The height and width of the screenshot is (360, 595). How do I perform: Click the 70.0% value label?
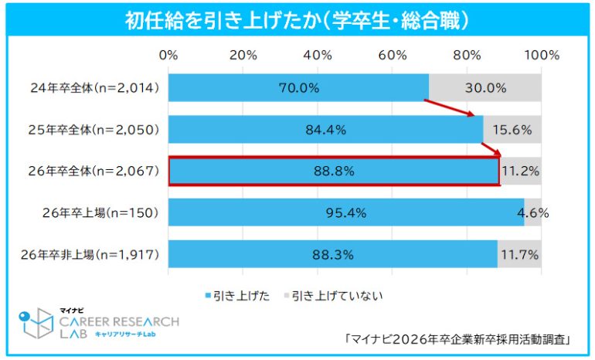pyautogui.click(x=299, y=88)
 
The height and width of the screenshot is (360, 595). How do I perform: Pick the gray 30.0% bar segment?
pyautogui.click(x=485, y=88)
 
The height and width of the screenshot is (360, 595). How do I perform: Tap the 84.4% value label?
pyautogui.click(x=325, y=130)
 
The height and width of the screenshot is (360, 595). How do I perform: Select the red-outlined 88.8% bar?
pyautogui.click(x=334, y=172)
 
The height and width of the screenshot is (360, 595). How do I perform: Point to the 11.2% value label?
pyautogui.click(x=521, y=172)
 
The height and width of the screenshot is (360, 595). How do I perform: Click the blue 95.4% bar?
pyautogui.click(x=346, y=213)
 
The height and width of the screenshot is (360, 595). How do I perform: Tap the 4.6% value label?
pyautogui.click(x=533, y=213)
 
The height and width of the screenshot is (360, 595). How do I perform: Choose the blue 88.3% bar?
pyautogui.click(x=332, y=254)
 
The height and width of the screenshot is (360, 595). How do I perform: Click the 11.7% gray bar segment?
pyautogui.click(x=519, y=254)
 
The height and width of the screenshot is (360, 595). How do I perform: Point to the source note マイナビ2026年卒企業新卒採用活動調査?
pyautogui.click(x=460, y=338)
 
